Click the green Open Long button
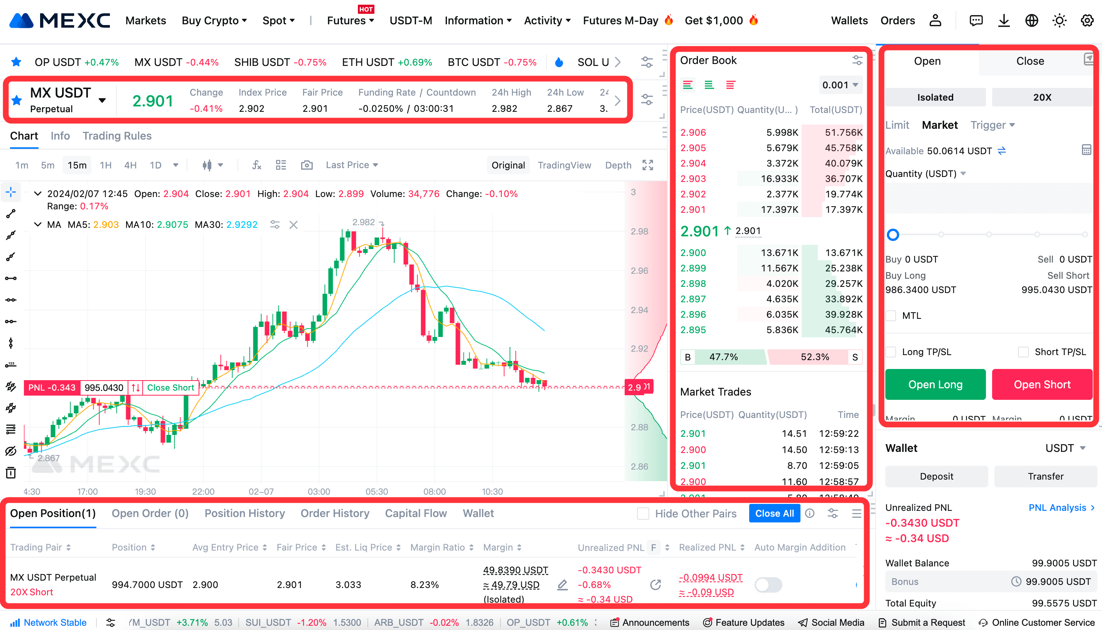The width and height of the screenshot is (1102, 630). (935, 384)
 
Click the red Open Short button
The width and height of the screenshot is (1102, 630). (1042, 384)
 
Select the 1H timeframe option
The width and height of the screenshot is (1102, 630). (106, 165)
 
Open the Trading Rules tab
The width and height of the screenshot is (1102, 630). (117, 136)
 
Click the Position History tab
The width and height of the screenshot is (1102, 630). (244, 513)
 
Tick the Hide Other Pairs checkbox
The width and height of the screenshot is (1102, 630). (643, 514)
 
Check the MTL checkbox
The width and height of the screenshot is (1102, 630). (891, 315)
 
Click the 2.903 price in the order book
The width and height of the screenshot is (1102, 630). (693, 178)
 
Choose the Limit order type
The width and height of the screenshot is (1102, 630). (897, 125)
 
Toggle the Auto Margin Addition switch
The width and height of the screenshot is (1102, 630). (768, 585)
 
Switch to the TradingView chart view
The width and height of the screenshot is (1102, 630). (564, 165)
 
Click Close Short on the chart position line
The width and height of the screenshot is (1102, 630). (170, 387)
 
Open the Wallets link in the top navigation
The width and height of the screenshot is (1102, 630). (849, 20)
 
